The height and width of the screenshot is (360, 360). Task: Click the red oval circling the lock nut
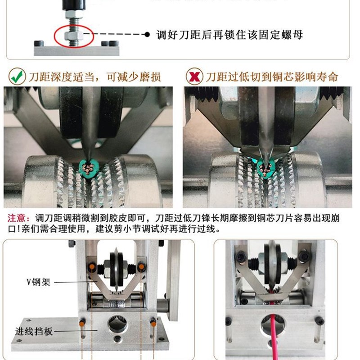(x=74, y=36)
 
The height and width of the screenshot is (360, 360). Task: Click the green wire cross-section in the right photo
(x=267, y=170)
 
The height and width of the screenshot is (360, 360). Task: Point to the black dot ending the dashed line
(x=147, y=34)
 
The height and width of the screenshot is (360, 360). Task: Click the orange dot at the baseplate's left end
(x=82, y=322)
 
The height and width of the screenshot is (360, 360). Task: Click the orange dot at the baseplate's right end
(x=153, y=322)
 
